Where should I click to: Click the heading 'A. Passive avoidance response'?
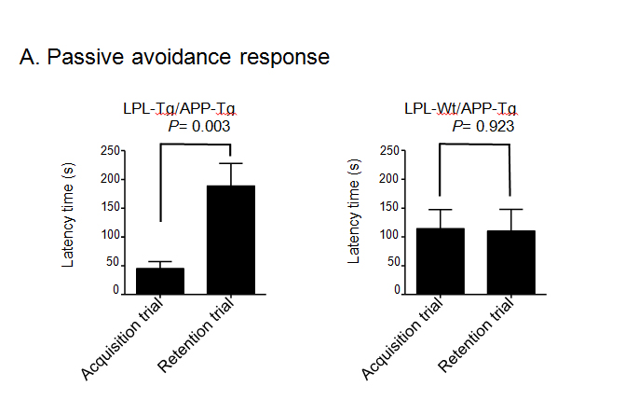174,57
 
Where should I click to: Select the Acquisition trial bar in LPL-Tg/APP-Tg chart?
160,281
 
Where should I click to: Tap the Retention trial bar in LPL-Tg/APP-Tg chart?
231,240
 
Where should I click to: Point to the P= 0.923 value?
478,126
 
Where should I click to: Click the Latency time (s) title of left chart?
69,215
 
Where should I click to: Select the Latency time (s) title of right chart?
354,215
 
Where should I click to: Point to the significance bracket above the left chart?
197,145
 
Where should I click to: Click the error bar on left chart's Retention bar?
231,173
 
